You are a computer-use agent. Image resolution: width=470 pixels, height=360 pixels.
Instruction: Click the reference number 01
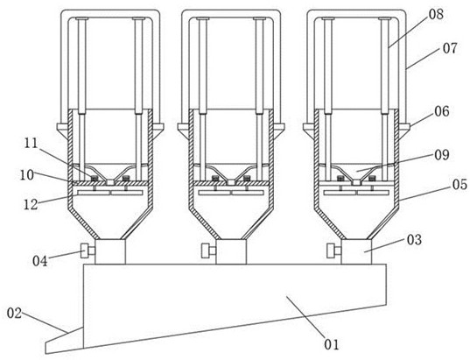(332, 344)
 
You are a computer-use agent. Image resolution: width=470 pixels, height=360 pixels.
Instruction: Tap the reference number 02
(14, 314)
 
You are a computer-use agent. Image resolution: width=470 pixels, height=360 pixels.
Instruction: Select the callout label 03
(414, 240)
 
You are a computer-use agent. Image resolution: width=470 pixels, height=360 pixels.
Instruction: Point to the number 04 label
(40, 261)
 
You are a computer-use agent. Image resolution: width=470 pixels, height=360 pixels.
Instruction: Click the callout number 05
(459, 184)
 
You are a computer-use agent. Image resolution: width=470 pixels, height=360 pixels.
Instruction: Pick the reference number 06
(442, 111)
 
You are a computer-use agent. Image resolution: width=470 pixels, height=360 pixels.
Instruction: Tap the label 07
(450, 48)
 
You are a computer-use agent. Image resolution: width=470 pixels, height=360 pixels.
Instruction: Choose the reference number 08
(436, 14)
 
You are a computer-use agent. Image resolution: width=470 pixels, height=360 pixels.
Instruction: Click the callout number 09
(442, 155)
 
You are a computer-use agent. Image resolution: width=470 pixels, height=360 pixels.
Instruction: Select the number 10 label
(27, 174)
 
